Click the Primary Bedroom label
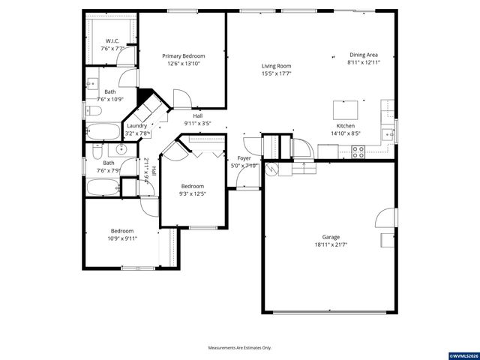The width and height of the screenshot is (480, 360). point(184,56)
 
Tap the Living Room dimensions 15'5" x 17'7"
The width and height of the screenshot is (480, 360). point(276,73)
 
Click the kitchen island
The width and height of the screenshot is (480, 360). point(346,109)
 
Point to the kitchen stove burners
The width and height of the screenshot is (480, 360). point(358,151)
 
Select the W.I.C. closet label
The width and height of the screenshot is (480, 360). point(112,41)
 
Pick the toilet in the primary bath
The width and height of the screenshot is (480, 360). point(92,111)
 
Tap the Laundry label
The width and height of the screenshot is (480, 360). point(137,126)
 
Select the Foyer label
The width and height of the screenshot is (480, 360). point(244,158)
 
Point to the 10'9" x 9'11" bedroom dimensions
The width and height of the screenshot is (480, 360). point(122,238)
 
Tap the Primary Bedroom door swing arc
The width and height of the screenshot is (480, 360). point(181,98)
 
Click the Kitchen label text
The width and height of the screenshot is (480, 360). point(345,125)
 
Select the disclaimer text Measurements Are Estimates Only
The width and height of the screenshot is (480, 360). point(239,347)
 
